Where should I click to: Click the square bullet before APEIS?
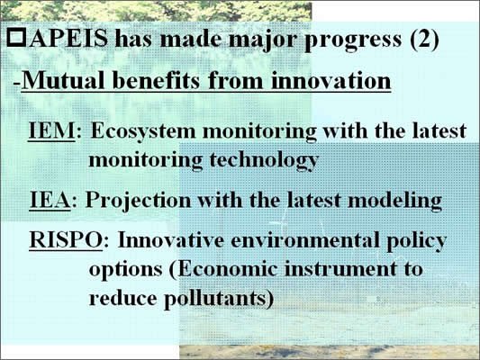16,38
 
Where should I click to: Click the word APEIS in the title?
68,39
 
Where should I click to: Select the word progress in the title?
353,41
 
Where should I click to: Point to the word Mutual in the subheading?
63,80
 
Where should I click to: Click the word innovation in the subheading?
331,80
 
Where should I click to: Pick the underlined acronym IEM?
51,130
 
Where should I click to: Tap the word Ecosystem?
143,132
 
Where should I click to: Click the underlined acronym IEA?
50,200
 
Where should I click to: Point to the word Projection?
138,202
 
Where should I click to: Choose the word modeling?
395,202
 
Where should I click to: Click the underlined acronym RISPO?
66,239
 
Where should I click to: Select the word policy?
416,241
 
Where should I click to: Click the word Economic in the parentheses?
228,269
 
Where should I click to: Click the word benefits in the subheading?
156,80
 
